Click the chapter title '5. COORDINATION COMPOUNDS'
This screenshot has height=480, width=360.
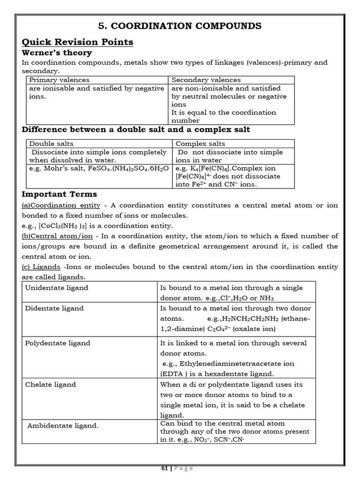(180, 25)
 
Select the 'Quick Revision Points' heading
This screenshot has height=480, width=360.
(78, 42)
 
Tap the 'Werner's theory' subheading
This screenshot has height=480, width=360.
(57, 53)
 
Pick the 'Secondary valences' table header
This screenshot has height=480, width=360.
(206, 80)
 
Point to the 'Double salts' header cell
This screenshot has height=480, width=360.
(51, 144)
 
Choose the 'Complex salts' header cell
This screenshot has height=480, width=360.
(200, 144)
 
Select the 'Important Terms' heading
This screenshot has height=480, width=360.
(60, 194)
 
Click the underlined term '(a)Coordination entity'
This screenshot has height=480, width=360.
(61, 205)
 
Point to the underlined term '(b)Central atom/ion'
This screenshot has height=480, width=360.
(57, 236)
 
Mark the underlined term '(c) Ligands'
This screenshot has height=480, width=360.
(41, 267)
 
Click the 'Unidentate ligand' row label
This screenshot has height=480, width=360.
(56, 288)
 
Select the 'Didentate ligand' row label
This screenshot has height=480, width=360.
(54, 308)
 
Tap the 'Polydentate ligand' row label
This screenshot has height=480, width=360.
(57, 343)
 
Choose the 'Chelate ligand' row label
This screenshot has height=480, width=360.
(50, 384)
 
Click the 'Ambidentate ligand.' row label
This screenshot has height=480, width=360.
(63, 426)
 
